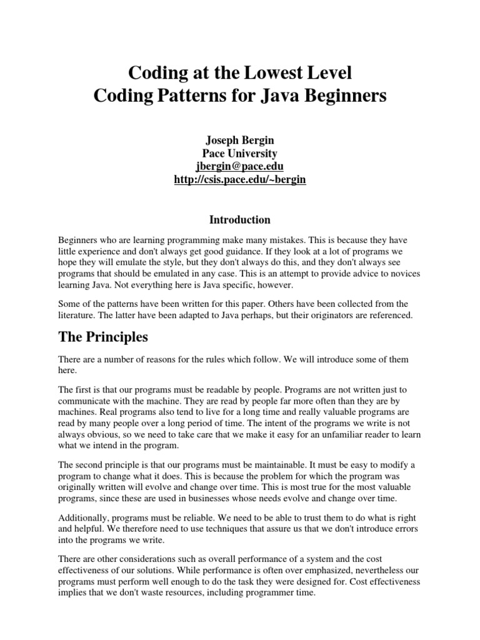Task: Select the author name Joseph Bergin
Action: (x=240, y=140)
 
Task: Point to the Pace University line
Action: (x=240, y=153)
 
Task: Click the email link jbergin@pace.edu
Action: (x=240, y=166)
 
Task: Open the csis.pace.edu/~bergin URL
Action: (x=240, y=180)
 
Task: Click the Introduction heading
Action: (x=240, y=219)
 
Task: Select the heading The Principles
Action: (x=103, y=337)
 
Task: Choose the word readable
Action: (x=236, y=388)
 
